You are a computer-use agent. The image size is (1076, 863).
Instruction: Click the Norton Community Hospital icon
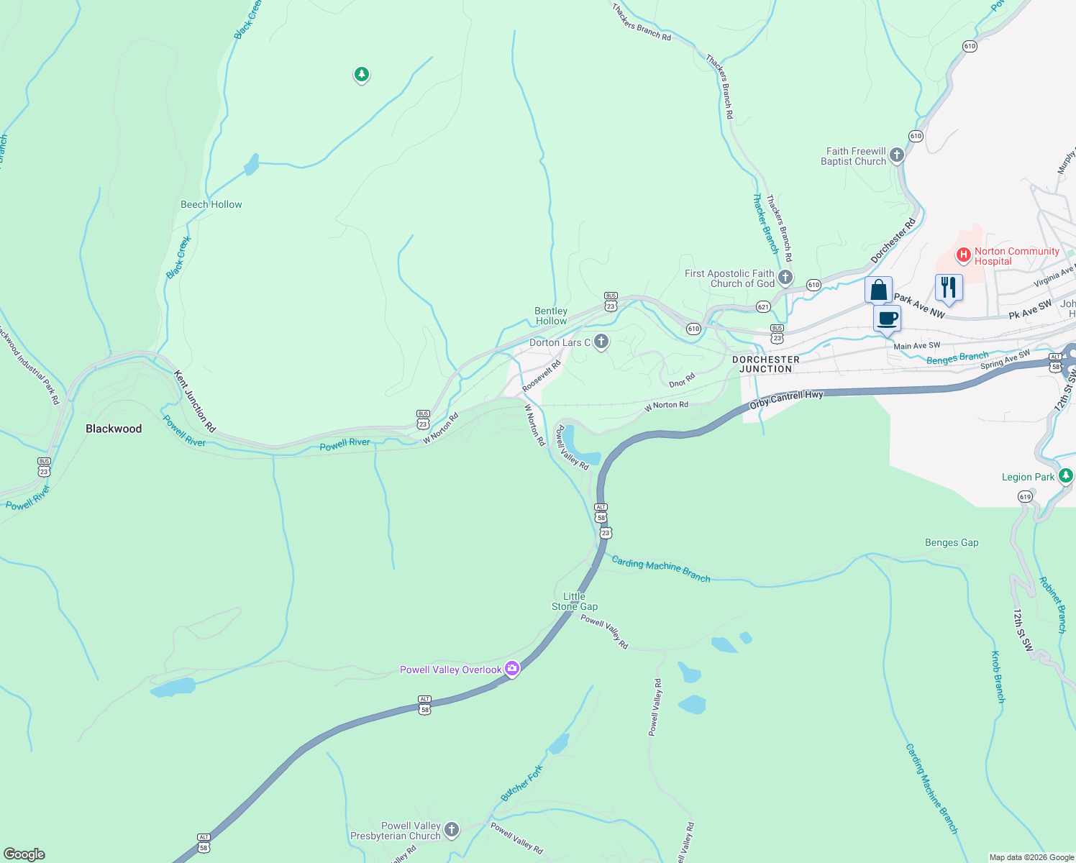tap(964, 255)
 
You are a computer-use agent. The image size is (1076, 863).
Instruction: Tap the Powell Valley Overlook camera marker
tap(512, 669)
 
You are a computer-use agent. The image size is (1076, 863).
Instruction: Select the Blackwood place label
tap(114, 429)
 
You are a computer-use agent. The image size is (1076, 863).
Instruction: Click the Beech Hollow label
tap(211, 204)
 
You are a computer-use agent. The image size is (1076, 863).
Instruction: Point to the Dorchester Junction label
tap(765, 364)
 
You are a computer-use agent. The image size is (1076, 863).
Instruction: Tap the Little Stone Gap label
tap(574, 601)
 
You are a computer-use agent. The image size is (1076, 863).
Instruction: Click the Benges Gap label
tap(951, 543)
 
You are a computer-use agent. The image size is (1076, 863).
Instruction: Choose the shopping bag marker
tap(878, 291)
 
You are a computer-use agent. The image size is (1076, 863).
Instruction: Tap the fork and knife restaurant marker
tap(949, 287)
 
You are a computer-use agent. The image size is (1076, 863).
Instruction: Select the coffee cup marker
tap(888, 319)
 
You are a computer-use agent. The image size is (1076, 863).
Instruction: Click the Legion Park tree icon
tap(1066, 476)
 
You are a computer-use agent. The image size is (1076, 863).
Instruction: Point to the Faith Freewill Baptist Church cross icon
tap(896, 155)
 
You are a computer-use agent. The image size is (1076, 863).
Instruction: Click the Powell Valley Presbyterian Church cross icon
tap(451, 830)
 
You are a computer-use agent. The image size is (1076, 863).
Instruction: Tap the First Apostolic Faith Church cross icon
tap(785, 278)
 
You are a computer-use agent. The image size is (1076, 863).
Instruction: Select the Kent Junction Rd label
tap(194, 401)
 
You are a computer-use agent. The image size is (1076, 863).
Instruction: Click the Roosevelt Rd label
tap(541, 376)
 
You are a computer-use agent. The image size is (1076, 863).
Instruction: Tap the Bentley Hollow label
tap(551, 316)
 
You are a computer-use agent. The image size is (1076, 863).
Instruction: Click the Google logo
tap(24, 854)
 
